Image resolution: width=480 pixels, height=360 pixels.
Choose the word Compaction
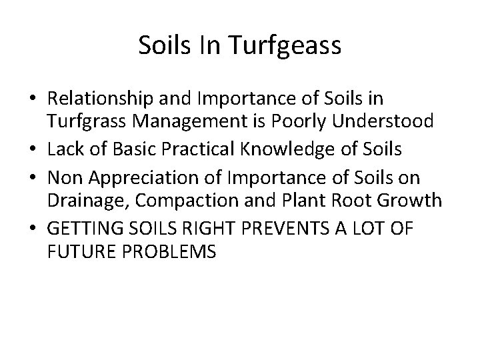click(175, 200)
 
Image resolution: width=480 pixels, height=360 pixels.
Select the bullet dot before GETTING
click(32, 229)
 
